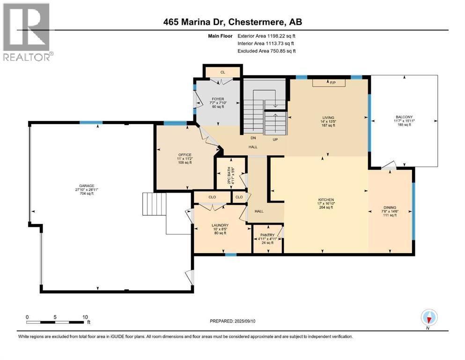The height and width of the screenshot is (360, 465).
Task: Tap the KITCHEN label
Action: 325,200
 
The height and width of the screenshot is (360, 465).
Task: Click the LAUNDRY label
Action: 220,225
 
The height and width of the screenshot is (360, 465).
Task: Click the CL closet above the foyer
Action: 222,72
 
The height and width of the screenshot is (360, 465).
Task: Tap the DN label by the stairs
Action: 252,139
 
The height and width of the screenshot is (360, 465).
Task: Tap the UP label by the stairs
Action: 276,139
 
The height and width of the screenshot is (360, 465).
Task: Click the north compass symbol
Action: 428,318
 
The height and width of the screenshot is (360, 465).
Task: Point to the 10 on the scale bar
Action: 85,317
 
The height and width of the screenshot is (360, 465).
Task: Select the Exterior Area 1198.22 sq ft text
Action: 266,36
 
